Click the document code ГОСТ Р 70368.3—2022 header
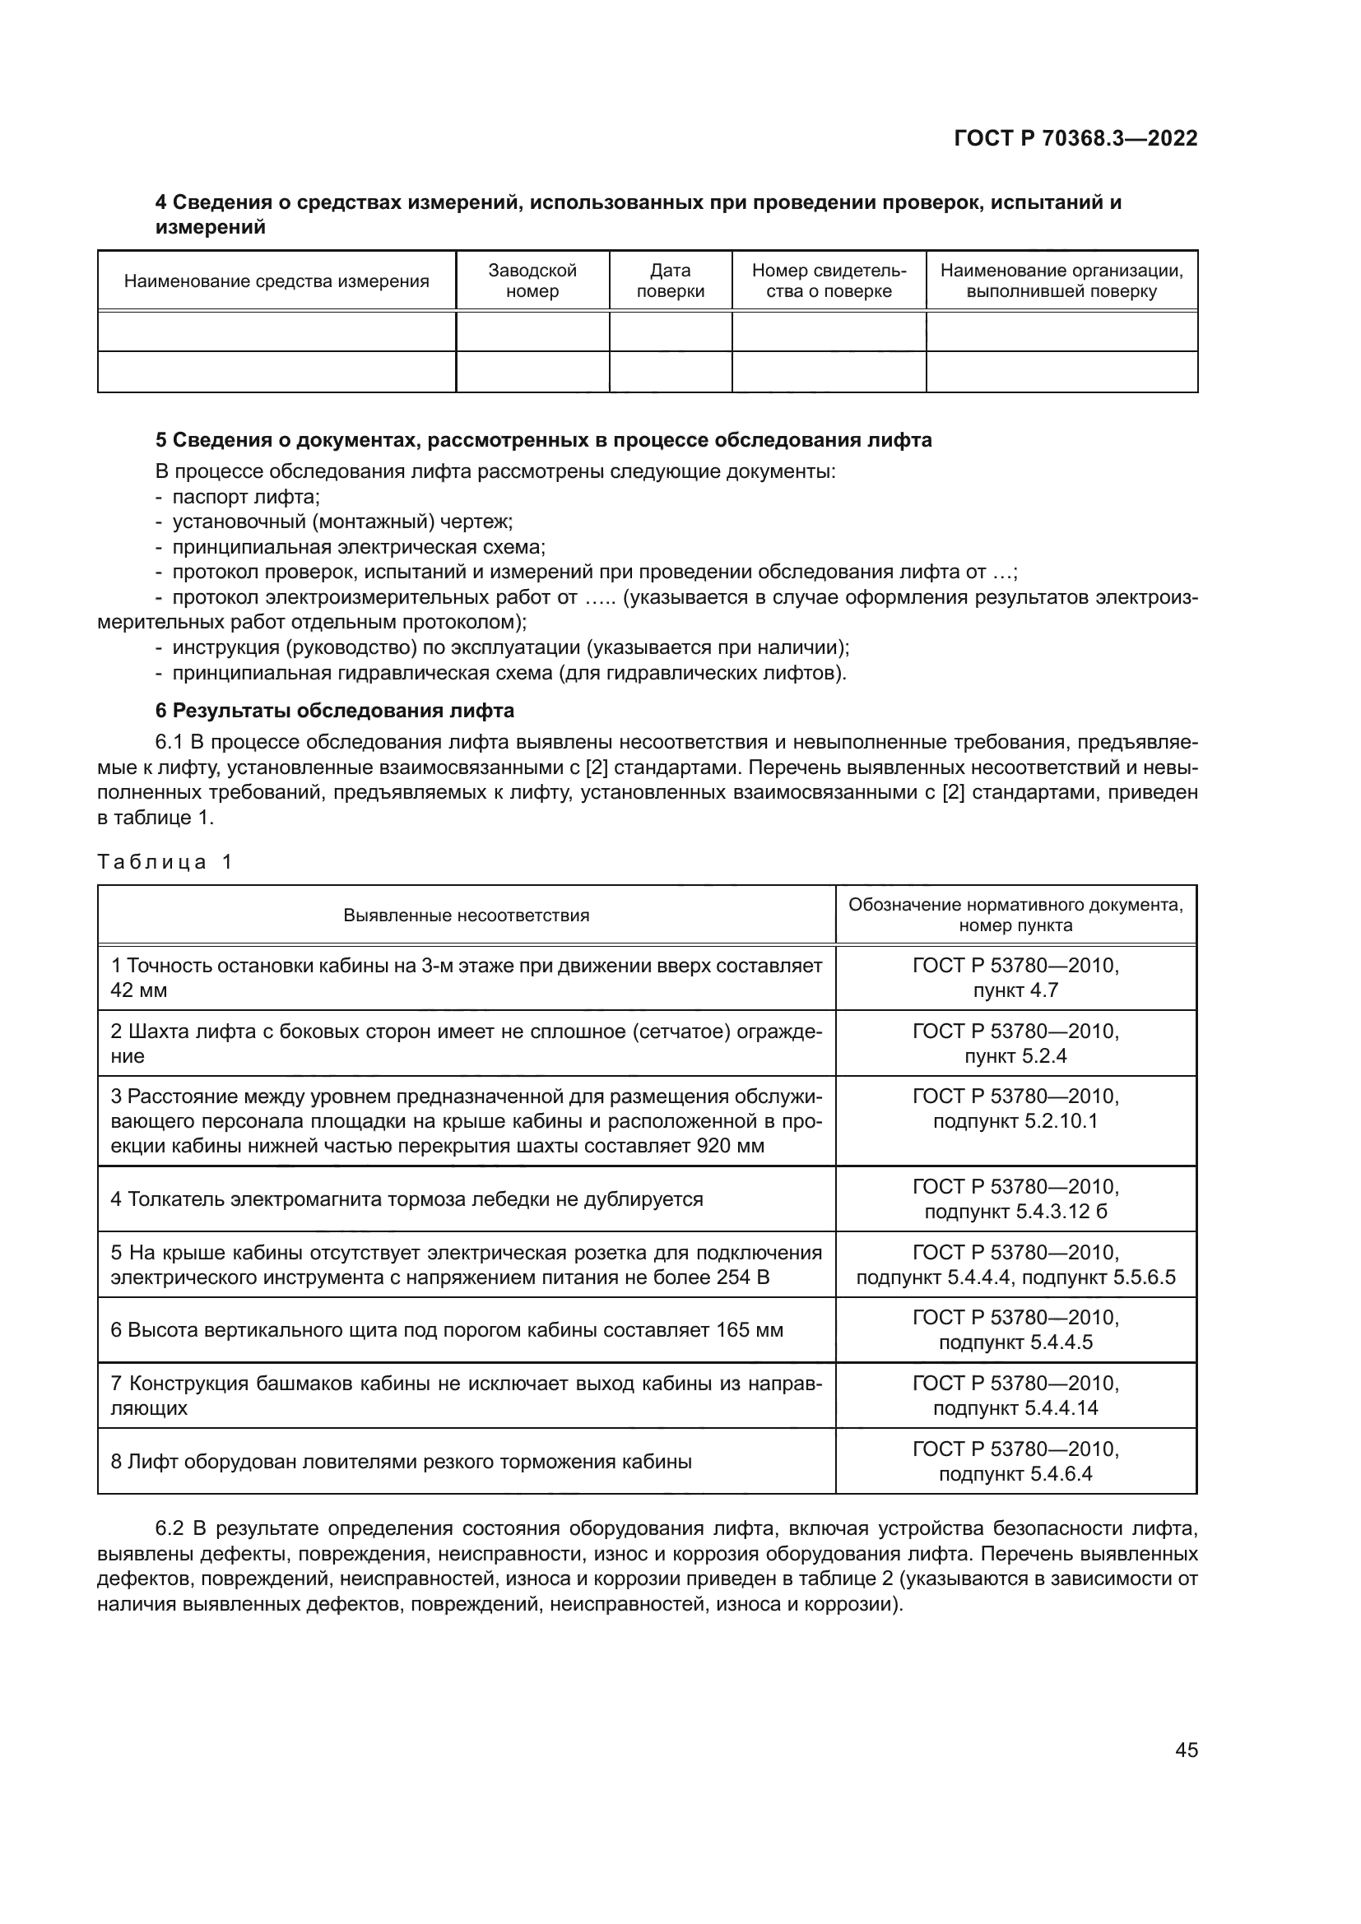coord(1075,139)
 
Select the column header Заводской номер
coord(532,280)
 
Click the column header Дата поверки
coord(670,280)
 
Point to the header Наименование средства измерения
coord(276,281)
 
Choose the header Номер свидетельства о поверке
coord(828,280)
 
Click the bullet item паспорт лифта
coord(240,496)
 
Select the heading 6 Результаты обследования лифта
coord(334,711)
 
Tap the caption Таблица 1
coord(165,861)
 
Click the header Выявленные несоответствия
coord(466,915)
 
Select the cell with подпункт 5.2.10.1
coord(1015,1121)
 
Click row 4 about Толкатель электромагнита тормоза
coord(406,1199)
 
